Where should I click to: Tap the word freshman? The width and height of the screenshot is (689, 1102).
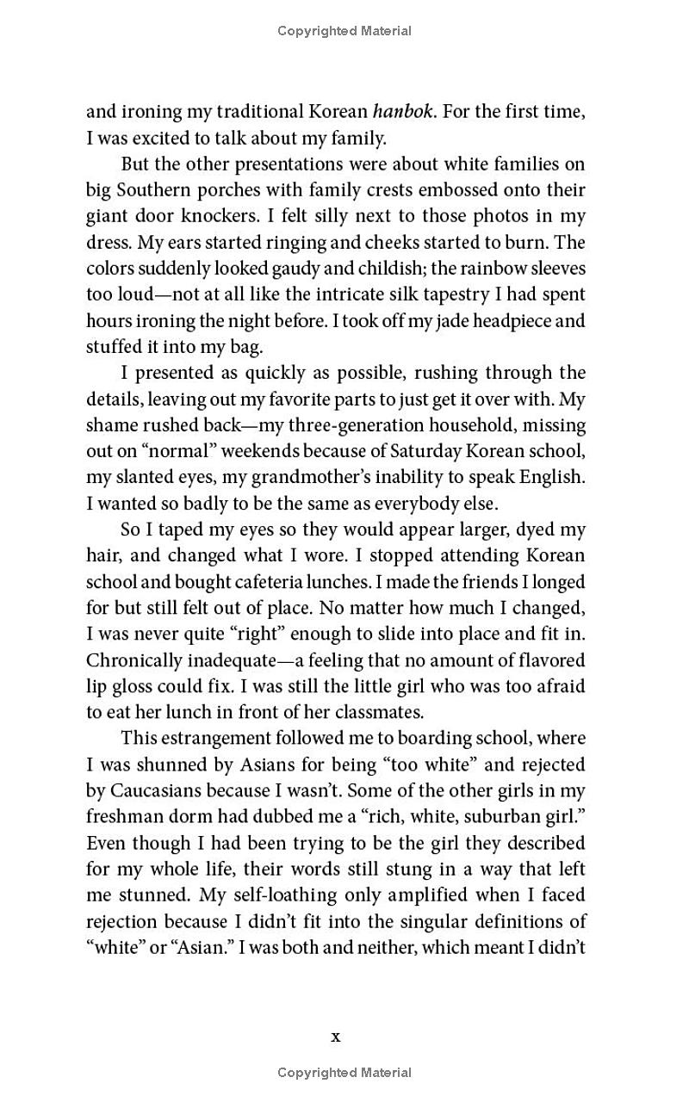click(x=123, y=817)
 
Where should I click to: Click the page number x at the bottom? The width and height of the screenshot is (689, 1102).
click(x=336, y=1037)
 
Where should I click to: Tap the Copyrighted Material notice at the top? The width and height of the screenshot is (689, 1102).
click(x=344, y=31)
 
